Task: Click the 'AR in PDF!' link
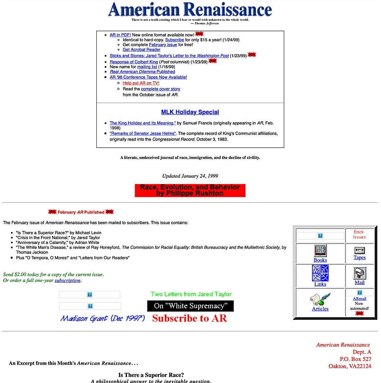pyautogui.click(x=120, y=35)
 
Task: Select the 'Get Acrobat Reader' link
pyautogui.click(x=141, y=49)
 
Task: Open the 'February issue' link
pyautogui.click(x=163, y=45)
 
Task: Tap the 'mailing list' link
pyautogui.click(x=147, y=67)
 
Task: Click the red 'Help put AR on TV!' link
pyautogui.click(x=141, y=83)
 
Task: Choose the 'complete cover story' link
pyautogui.click(x=160, y=89)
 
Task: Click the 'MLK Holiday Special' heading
pyautogui.click(x=190, y=112)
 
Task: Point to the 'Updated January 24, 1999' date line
pyautogui.click(x=190, y=176)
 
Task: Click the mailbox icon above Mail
pyautogui.click(x=359, y=273)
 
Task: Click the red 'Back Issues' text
pyautogui.click(x=359, y=234)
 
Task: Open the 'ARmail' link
pyautogui.click(x=359, y=299)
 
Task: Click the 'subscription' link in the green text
pyautogui.click(x=67, y=280)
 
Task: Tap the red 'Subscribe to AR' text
pyautogui.click(x=189, y=318)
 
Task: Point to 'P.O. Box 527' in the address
pyautogui.click(x=355, y=359)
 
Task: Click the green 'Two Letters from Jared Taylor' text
pyautogui.click(x=191, y=294)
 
